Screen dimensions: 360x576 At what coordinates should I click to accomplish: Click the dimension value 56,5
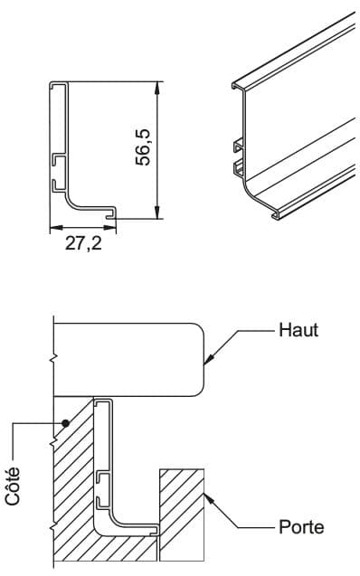(143, 147)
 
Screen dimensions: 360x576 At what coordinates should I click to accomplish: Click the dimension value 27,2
(83, 243)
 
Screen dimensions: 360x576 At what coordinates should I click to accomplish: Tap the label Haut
(298, 330)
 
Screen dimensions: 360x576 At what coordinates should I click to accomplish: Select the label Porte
(301, 527)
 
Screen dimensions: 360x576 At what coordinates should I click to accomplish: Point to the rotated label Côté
(13, 486)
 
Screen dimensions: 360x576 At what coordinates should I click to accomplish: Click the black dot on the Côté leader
(66, 423)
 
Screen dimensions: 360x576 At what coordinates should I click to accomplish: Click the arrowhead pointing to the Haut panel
(208, 359)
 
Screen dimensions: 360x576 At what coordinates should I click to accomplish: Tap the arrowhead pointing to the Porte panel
(209, 499)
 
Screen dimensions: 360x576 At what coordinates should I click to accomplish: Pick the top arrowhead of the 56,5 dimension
(157, 89)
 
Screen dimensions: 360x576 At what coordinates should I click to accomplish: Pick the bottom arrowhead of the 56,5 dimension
(157, 212)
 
